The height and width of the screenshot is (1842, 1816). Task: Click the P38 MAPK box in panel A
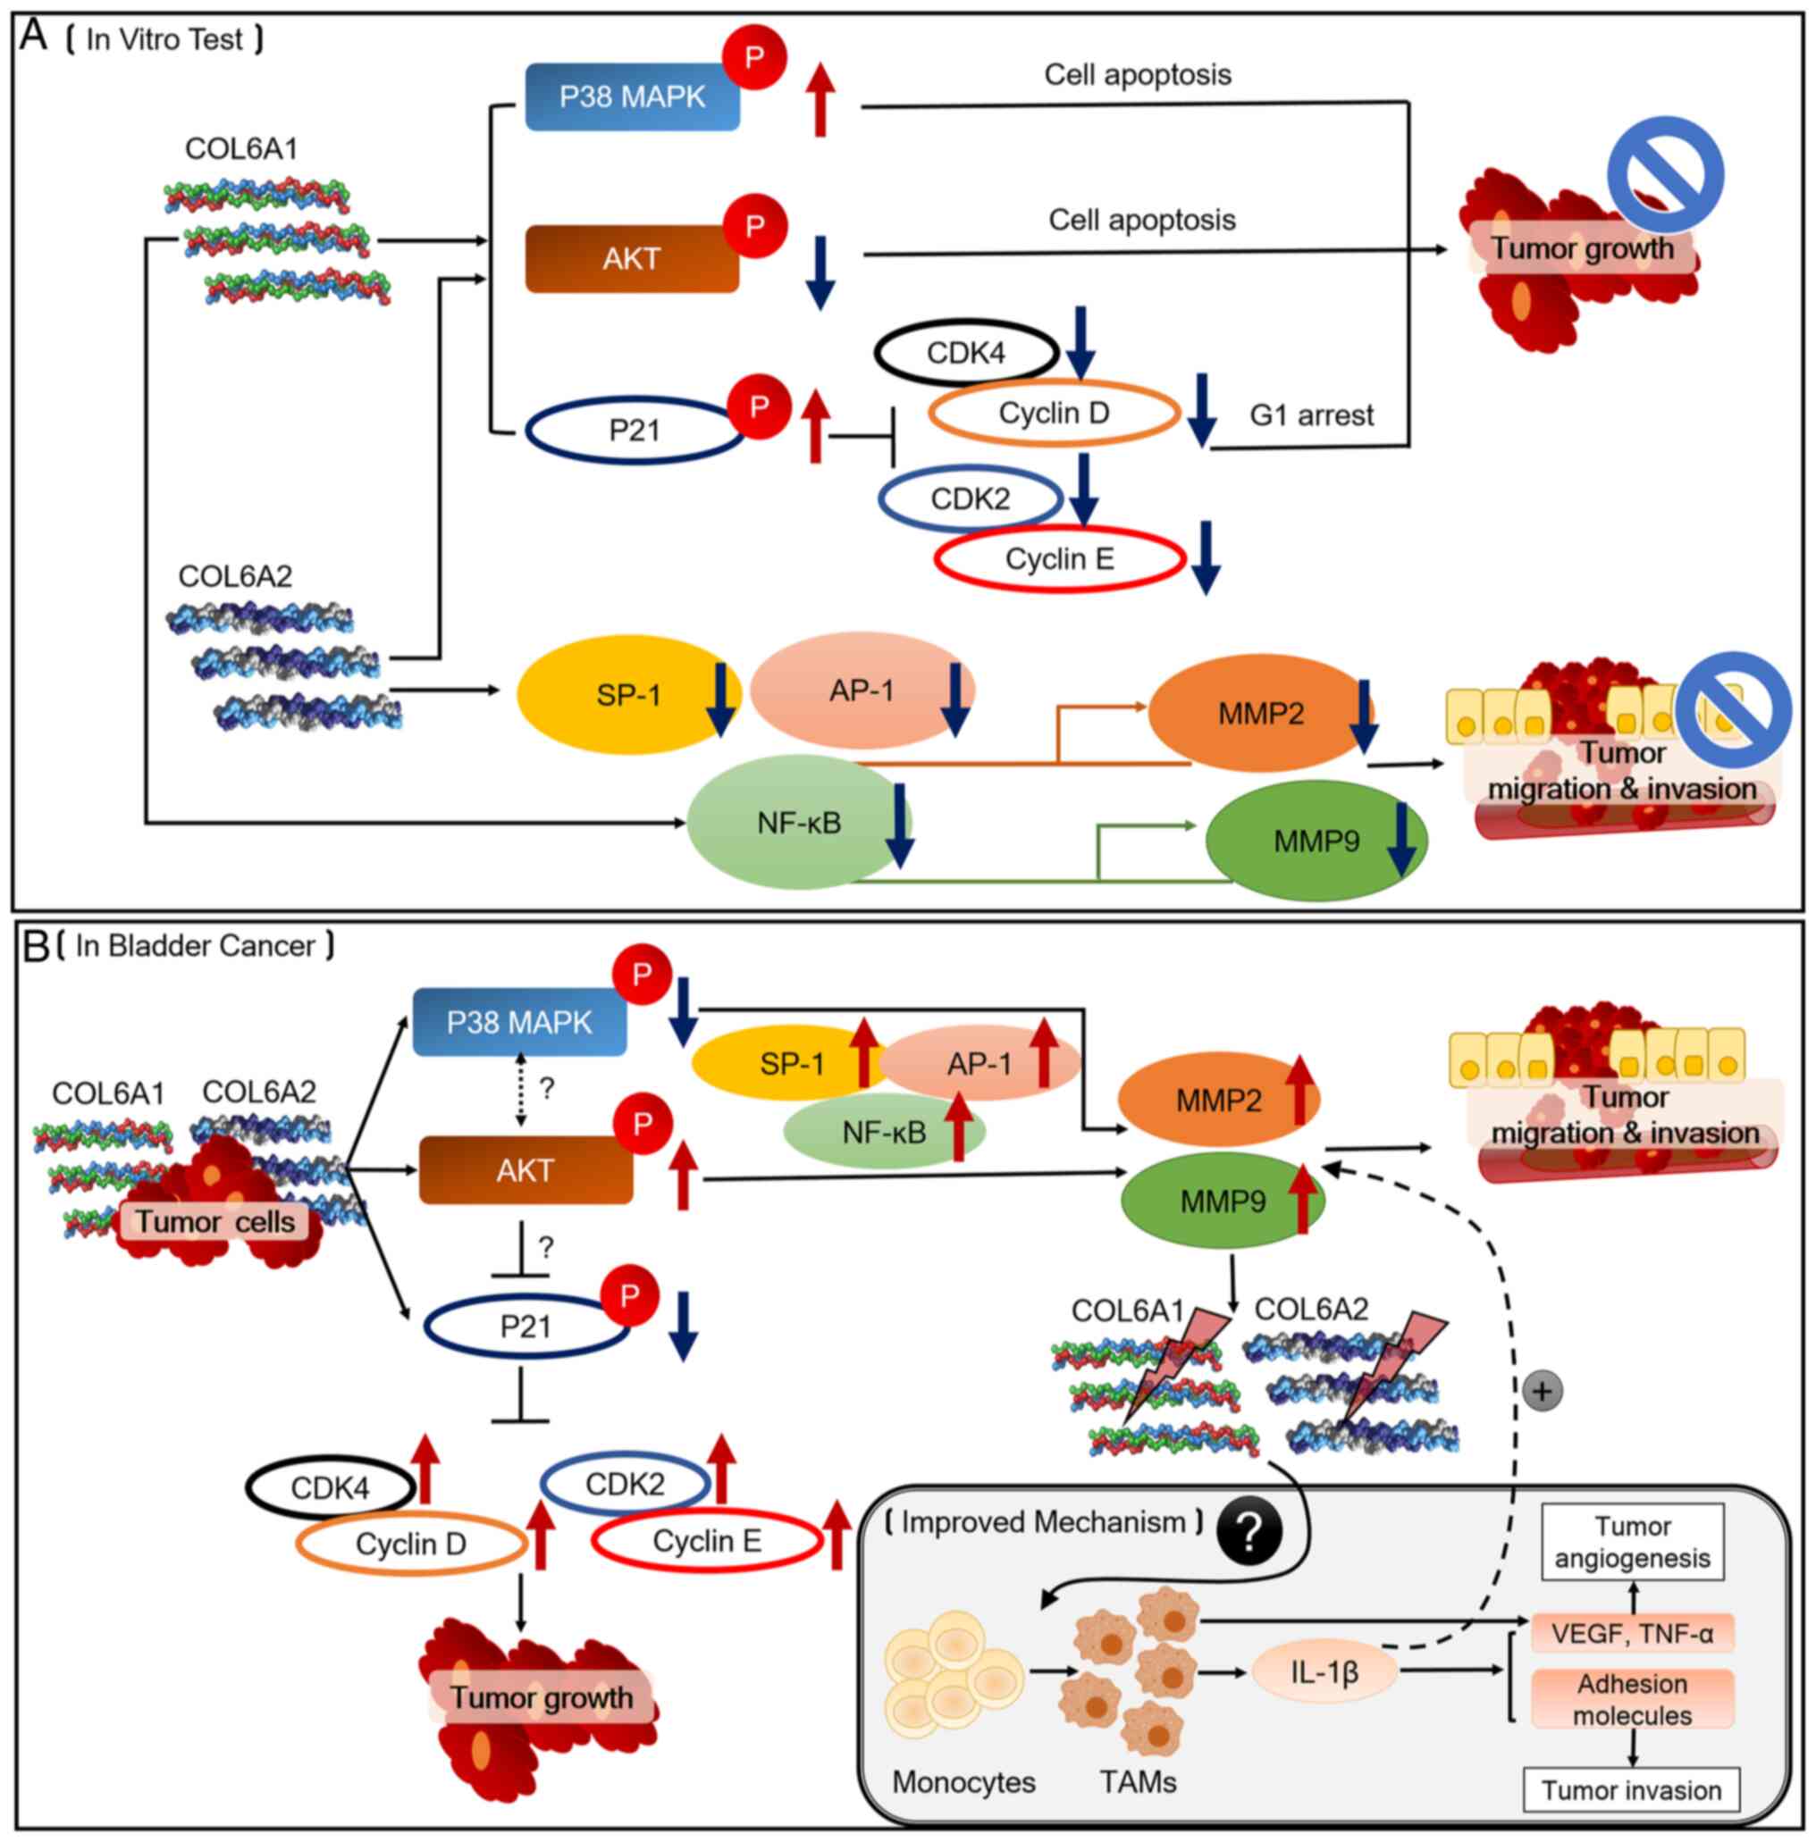point(632,97)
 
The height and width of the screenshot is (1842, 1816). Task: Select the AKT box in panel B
point(525,1170)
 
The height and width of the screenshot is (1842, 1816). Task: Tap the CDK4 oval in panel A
point(966,353)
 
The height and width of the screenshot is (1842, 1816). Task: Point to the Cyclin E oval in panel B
point(707,1541)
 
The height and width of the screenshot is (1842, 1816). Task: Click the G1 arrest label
point(1311,415)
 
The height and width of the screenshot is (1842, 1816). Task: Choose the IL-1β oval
point(1324,1671)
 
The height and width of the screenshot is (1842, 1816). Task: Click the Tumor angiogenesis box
point(1632,1543)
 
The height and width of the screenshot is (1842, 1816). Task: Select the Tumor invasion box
point(1631,1790)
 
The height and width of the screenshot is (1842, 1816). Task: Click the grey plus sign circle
point(1543,1392)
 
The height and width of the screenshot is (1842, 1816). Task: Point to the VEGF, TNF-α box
point(1632,1634)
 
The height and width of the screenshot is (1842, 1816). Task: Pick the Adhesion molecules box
point(1632,1699)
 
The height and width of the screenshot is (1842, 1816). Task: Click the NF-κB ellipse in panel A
point(798,823)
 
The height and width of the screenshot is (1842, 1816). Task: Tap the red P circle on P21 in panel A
point(760,407)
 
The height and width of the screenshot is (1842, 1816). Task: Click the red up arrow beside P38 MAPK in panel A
point(820,100)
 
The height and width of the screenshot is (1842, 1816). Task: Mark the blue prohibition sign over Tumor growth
point(1665,175)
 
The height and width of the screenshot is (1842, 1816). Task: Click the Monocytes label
point(963,1782)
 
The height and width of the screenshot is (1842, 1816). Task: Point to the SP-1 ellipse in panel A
point(627,695)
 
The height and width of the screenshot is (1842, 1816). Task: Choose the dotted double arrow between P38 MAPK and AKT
point(521,1089)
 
